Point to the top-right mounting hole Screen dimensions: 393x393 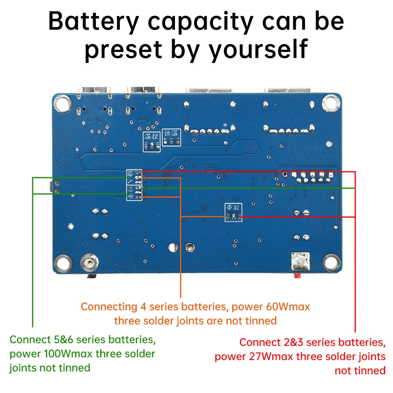click(330, 103)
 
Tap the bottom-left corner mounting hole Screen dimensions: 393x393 click(62, 261)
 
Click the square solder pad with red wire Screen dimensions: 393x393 click(301, 260)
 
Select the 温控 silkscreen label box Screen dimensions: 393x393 click(151, 138)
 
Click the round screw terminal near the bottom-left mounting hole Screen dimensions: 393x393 click(88, 261)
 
